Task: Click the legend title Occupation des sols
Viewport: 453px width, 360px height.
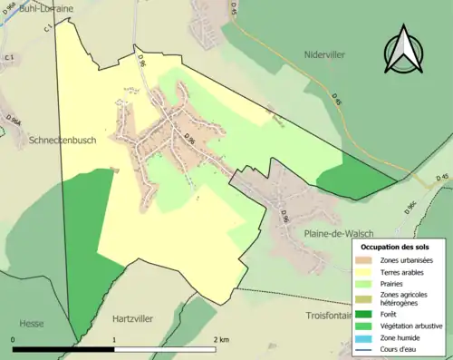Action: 395,247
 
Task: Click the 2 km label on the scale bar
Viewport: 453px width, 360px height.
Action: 219,339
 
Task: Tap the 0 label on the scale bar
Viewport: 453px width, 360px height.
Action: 14,339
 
